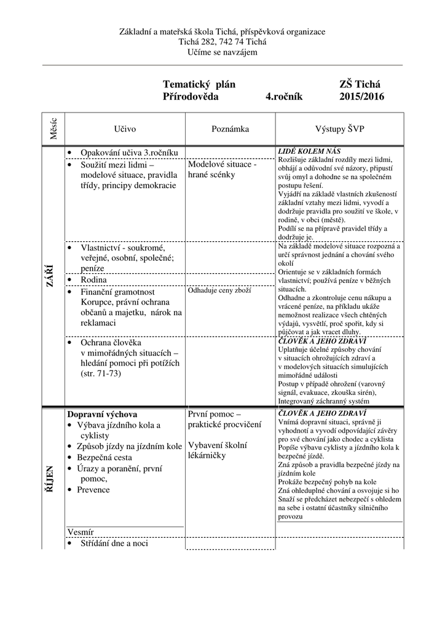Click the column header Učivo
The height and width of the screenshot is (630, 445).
(125, 129)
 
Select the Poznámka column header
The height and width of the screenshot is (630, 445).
(230, 129)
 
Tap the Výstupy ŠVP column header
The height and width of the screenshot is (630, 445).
(340, 129)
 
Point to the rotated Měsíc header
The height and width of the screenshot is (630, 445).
(53, 128)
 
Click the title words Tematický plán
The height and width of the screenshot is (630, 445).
(199, 84)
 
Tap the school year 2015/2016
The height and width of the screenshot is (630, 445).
(361, 97)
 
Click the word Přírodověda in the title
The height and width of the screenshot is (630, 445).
(191, 97)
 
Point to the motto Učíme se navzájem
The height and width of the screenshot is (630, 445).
(222, 52)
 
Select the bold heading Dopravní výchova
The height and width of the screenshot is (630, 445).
(102, 415)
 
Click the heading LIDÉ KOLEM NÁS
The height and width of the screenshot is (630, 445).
(310, 151)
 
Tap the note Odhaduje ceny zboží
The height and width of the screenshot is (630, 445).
(219, 290)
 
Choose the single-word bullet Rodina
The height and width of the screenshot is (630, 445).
(93, 280)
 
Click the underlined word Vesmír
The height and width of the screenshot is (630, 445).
(80, 532)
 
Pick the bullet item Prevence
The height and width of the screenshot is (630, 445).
(93, 490)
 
